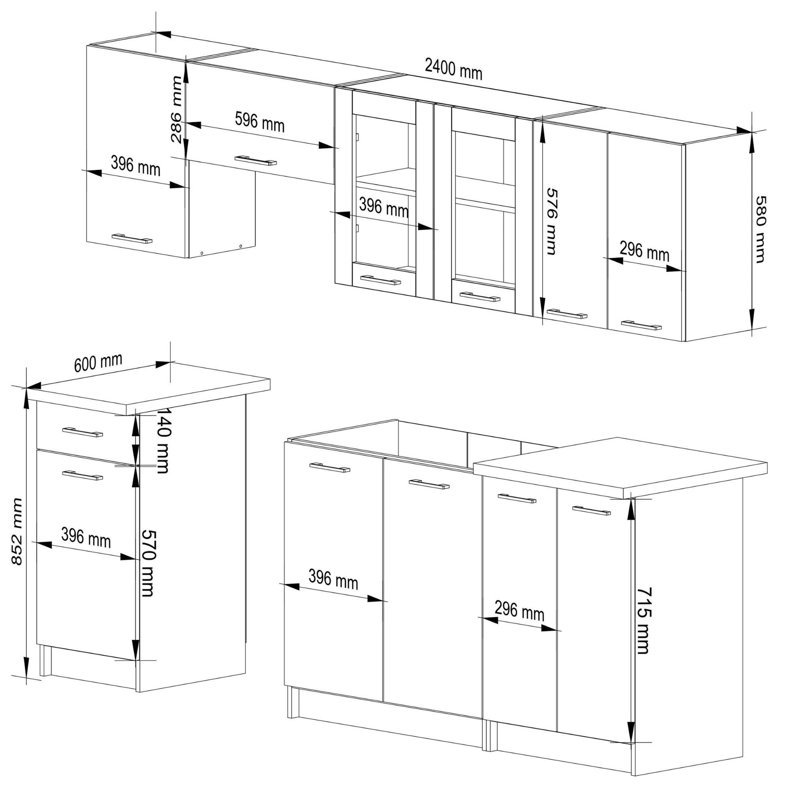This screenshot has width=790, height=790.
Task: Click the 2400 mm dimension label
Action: [453, 69]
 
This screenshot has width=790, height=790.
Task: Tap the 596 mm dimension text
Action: [260, 122]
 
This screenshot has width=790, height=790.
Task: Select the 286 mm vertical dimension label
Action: [177, 109]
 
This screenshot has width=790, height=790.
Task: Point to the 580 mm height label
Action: [759, 229]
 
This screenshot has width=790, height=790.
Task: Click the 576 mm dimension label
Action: [552, 221]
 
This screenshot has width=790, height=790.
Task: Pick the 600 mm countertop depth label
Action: [98, 362]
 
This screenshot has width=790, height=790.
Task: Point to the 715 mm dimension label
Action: [644, 620]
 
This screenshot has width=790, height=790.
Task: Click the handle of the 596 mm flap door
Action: [256, 160]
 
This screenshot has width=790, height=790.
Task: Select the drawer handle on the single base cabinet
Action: [82, 432]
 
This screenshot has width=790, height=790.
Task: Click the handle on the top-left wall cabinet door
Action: [132, 239]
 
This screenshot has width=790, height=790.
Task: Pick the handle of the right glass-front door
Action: [480, 296]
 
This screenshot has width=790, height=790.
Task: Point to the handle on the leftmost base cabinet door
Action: [330, 467]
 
